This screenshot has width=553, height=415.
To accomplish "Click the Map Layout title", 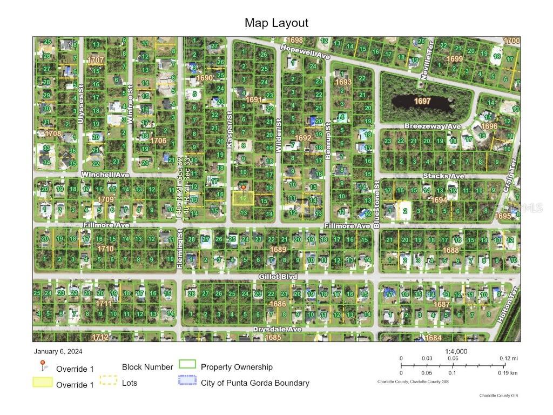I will coord(276,23).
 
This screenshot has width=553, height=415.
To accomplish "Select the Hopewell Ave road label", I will coord(305,52).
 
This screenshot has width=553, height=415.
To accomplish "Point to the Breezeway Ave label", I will coord(433,126).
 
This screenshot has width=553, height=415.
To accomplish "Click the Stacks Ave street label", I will coord(443,176).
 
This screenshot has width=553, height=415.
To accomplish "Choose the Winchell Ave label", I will coord(105,175).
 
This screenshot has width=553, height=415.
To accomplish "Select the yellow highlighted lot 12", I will coord(244,198).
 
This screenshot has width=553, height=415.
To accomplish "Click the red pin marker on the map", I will coord(243,188).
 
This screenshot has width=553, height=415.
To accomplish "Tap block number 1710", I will coord(105,249).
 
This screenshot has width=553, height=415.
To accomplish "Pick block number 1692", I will coord(303,138).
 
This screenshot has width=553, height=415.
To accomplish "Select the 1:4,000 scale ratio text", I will coord(456,351).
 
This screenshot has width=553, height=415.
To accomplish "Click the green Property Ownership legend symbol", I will coord(187,365).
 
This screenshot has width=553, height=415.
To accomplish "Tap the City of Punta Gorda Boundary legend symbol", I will coord(187,380).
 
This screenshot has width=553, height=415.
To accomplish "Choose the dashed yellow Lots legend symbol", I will coord(109,380).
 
